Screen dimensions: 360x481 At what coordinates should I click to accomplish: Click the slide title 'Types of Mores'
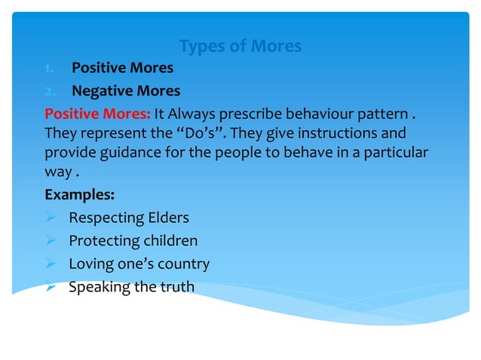240,46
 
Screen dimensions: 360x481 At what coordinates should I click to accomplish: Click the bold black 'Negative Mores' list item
126,91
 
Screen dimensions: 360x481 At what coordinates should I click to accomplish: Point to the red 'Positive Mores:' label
97,114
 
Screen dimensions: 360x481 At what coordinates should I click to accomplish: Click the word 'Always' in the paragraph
191,114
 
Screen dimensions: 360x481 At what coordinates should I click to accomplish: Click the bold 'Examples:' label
80,194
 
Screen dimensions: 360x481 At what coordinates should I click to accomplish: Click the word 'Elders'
168,218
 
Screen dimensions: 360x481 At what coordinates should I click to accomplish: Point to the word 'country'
185,264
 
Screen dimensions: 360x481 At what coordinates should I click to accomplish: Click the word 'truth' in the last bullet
176,287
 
